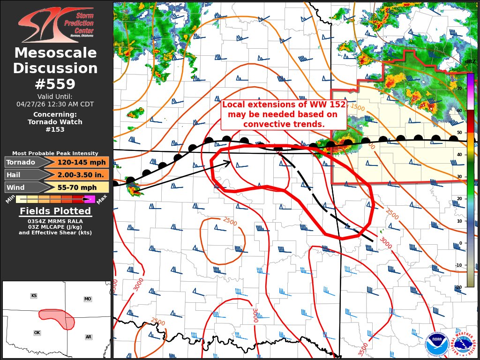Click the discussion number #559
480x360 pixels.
[x=55, y=84]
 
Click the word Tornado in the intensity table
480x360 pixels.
[x=21, y=163]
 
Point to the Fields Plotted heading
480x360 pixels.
[x=55, y=211]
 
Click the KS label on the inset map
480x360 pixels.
[x=34, y=296]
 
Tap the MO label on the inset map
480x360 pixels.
[x=88, y=299]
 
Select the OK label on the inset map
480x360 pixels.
[x=37, y=333]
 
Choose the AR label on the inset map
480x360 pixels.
[x=89, y=337]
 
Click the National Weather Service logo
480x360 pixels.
[x=465, y=345]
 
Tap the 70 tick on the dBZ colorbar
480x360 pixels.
[x=460, y=89]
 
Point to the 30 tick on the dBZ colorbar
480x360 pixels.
[x=460, y=177]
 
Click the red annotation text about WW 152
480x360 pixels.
[x=284, y=115]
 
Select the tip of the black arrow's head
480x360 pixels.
[x=231, y=162]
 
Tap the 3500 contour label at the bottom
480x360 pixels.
[x=363, y=349]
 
